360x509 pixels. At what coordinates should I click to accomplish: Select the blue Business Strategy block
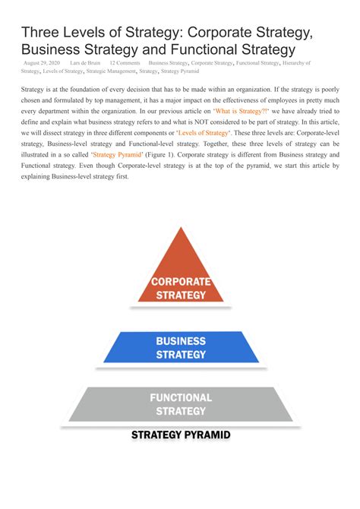point(180,347)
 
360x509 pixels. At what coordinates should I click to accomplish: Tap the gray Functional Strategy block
point(180,404)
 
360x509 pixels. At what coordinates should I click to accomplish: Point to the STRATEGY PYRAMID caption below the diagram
point(180,435)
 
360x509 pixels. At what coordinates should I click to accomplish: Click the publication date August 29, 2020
point(42,62)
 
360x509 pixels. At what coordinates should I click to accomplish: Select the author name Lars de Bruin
point(85,62)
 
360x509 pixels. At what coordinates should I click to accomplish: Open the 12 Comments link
point(125,62)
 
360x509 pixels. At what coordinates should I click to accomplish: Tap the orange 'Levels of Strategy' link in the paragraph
point(203,132)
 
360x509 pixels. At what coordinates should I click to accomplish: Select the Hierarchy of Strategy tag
point(297,62)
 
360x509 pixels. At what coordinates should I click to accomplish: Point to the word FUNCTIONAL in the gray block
point(180,397)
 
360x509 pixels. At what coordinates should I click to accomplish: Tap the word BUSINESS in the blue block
point(181,341)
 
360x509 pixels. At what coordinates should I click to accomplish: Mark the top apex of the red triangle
point(180,226)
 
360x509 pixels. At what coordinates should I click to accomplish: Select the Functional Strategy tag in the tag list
point(257,62)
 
